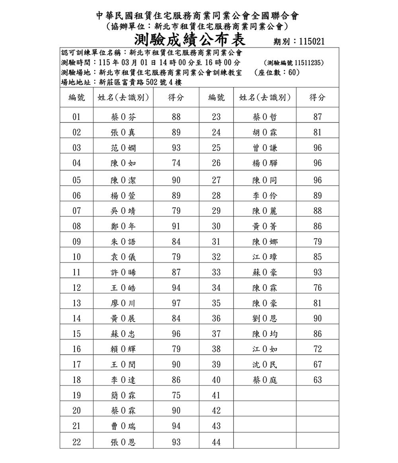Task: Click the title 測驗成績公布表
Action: coord(190,40)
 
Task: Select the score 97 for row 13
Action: coord(176,303)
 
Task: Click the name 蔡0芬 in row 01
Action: coord(123,117)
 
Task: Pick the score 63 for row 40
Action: coord(317,380)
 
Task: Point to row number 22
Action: coord(77,442)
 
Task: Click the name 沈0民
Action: coord(265,365)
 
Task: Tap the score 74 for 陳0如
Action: coord(176,163)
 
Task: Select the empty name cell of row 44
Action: coord(265,441)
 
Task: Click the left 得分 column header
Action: coord(176,98)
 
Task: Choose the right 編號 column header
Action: coord(216,98)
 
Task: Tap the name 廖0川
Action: coord(123,303)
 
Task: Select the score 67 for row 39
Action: coord(317,365)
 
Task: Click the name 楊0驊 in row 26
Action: coord(265,163)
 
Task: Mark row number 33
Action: coord(216,273)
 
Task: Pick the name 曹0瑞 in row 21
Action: coord(123,426)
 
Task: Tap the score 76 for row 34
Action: coord(317,288)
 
